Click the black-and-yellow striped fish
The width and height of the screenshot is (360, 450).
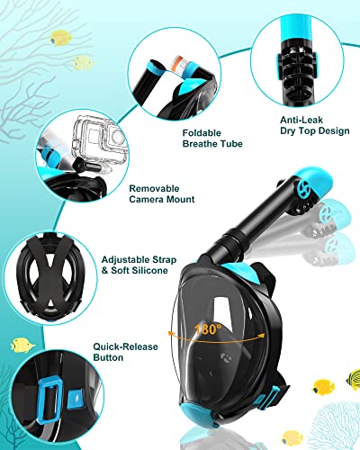coord(322,388)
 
